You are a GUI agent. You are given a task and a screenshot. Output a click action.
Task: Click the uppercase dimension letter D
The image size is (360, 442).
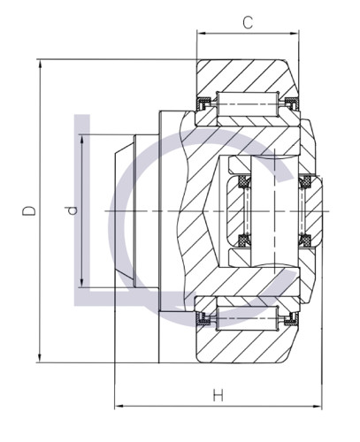(x=29, y=211)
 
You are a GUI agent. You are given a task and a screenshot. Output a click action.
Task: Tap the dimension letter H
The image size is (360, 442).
(x=217, y=394)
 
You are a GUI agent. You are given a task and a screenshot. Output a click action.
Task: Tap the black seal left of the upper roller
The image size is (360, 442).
(x=205, y=108)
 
